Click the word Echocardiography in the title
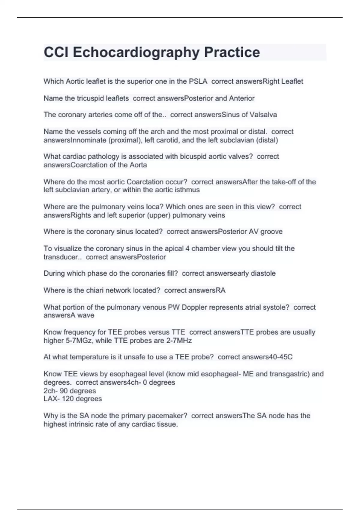tap(136, 52)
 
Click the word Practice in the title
tap(232, 52)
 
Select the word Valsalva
tap(263, 115)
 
